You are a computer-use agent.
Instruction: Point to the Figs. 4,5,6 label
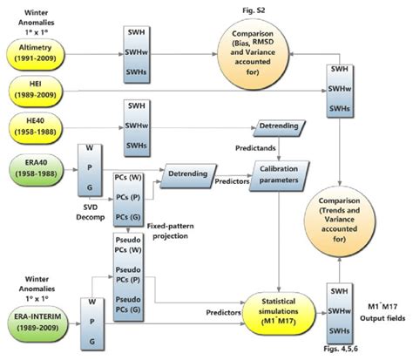(342, 349)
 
